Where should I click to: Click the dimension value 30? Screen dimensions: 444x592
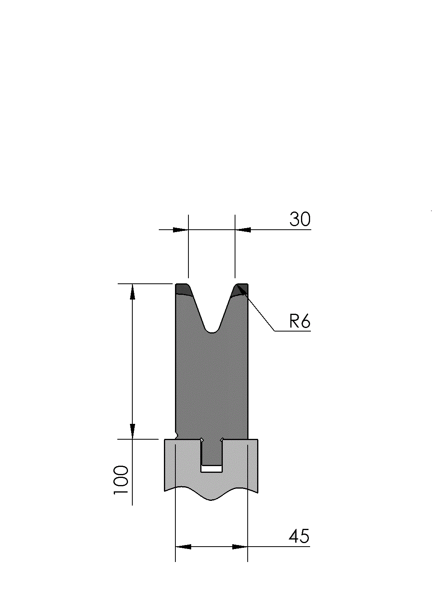coord(300,219)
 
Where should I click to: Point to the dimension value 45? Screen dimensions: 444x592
coord(299,536)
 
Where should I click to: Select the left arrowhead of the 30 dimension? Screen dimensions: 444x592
coord(180,230)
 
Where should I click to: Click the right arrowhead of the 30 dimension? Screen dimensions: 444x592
coord(243,230)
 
